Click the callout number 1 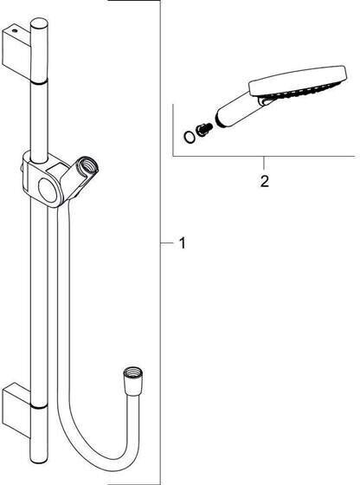click(x=183, y=243)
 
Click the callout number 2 click(x=264, y=181)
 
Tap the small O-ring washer click(x=189, y=138)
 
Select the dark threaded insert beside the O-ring click(x=203, y=129)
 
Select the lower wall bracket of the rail click(x=16, y=410)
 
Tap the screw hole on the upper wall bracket click(x=13, y=30)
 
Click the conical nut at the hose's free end click(x=133, y=381)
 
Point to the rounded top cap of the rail click(x=39, y=25)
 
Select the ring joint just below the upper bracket click(x=39, y=81)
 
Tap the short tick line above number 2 click(x=264, y=163)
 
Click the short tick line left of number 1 click(x=167, y=243)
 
